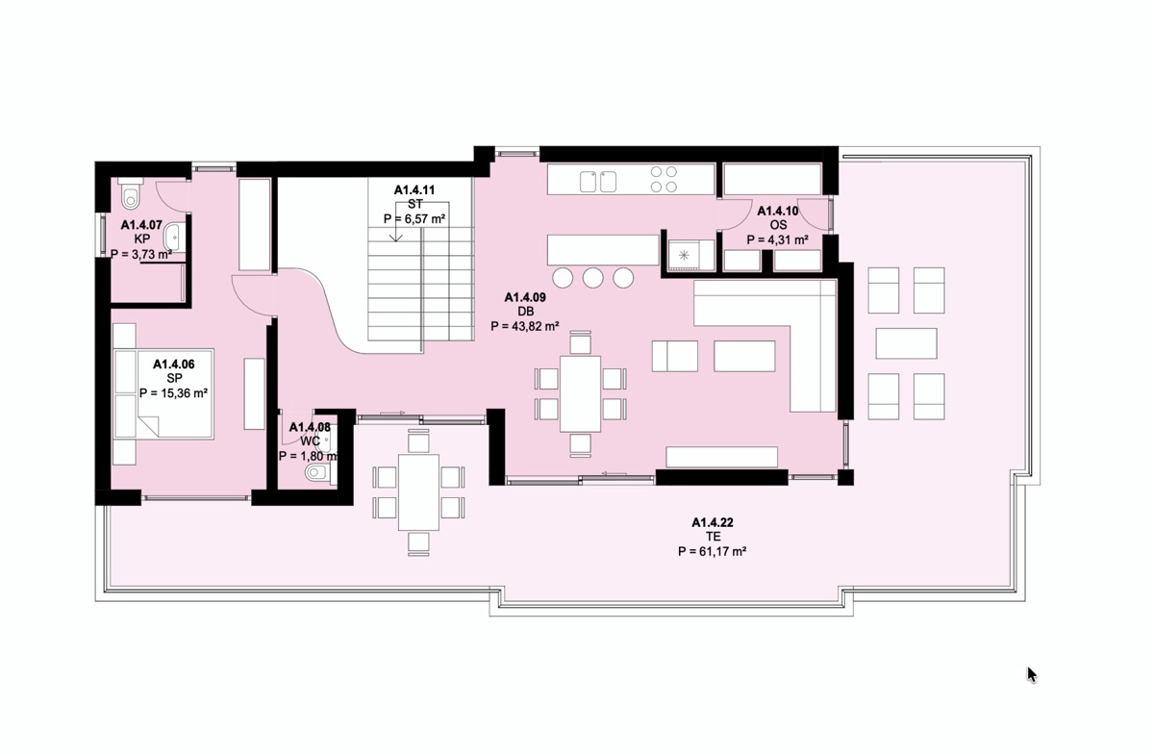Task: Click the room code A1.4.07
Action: pyautogui.click(x=141, y=225)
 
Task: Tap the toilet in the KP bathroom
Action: pyautogui.click(x=131, y=193)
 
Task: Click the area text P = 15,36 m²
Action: pyautogui.click(x=174, y=393)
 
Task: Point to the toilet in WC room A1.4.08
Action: pyautogui.click(x=318, y=471)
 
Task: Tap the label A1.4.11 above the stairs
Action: pyautogui.click(x=414, y=190)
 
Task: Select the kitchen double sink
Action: pyautogui.click(x=598, y=182)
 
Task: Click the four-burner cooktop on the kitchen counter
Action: pyautogui.click(x=664, y=179)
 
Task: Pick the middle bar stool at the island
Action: pyautogui.click(x=593, y=278)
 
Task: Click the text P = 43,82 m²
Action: pyautogui.click(x=525, y=326)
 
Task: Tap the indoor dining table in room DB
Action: pyautogui.click(x=581, y=393)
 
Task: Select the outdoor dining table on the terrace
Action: pyautogui.click(x=418, y=492)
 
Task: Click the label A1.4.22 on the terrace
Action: pyautogui.click(x=712, y=522)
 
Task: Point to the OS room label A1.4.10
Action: pyautogui.click(x=777, y=211)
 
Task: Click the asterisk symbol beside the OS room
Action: pyautogui.click(x=684, y=254)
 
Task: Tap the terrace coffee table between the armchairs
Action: pyautogui.click(x=906, y=343)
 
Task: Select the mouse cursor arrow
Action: pyautogui.click(x=1031, y=675)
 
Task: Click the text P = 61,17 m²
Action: pyautogui.click(x=712, y=551)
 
